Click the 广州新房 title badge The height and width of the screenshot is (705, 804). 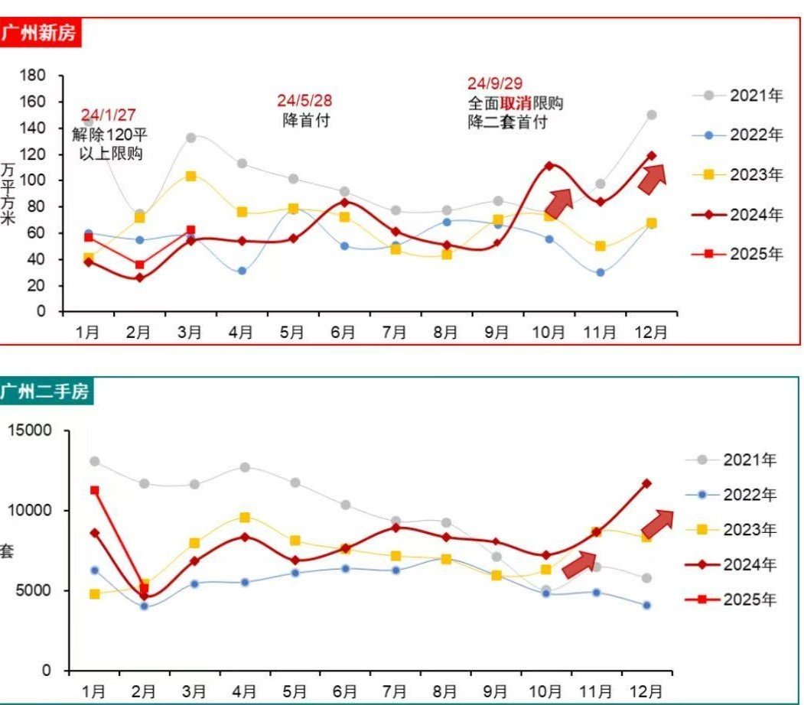click(40, 33)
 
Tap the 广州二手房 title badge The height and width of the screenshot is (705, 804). click(45, 392)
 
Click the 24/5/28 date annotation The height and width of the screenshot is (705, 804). click(304, 101)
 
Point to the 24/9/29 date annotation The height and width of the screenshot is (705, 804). click(495, 84)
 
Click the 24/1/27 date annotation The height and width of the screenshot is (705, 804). click(108, 115)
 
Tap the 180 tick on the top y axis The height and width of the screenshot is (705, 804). click(34, 75)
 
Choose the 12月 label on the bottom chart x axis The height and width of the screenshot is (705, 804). click(646, 690)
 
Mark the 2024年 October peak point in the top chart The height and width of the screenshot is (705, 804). click(549, 165)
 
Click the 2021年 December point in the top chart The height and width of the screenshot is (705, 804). click(652, 115)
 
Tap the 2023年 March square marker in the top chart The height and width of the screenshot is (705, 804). click(190, 176)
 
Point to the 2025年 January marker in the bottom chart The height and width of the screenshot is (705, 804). click(95, 490)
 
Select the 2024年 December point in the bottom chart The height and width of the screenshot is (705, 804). click(647, 483)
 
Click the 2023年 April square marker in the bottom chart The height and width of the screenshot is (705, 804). click(245, 518)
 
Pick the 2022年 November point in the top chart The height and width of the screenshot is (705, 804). click(601, 272)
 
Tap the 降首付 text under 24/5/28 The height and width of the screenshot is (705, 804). click(306, 121)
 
